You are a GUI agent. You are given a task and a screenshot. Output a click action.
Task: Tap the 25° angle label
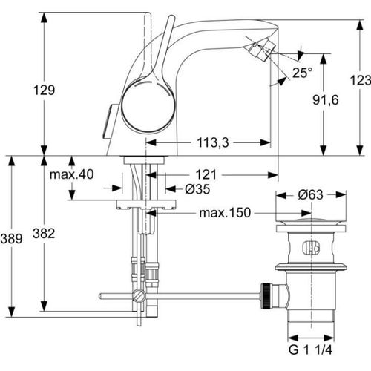point(301,73)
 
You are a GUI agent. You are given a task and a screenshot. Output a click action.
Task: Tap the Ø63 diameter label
point(312,196)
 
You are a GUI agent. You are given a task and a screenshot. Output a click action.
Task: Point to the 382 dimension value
point(44,234)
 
